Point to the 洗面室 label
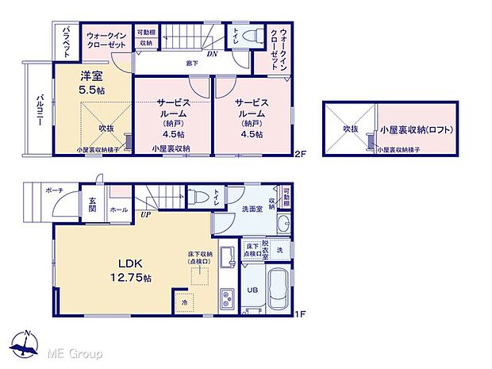[251, 208]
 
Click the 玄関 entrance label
[92, 204]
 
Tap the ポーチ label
[55, 190]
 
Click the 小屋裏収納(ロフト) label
[417, 129]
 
